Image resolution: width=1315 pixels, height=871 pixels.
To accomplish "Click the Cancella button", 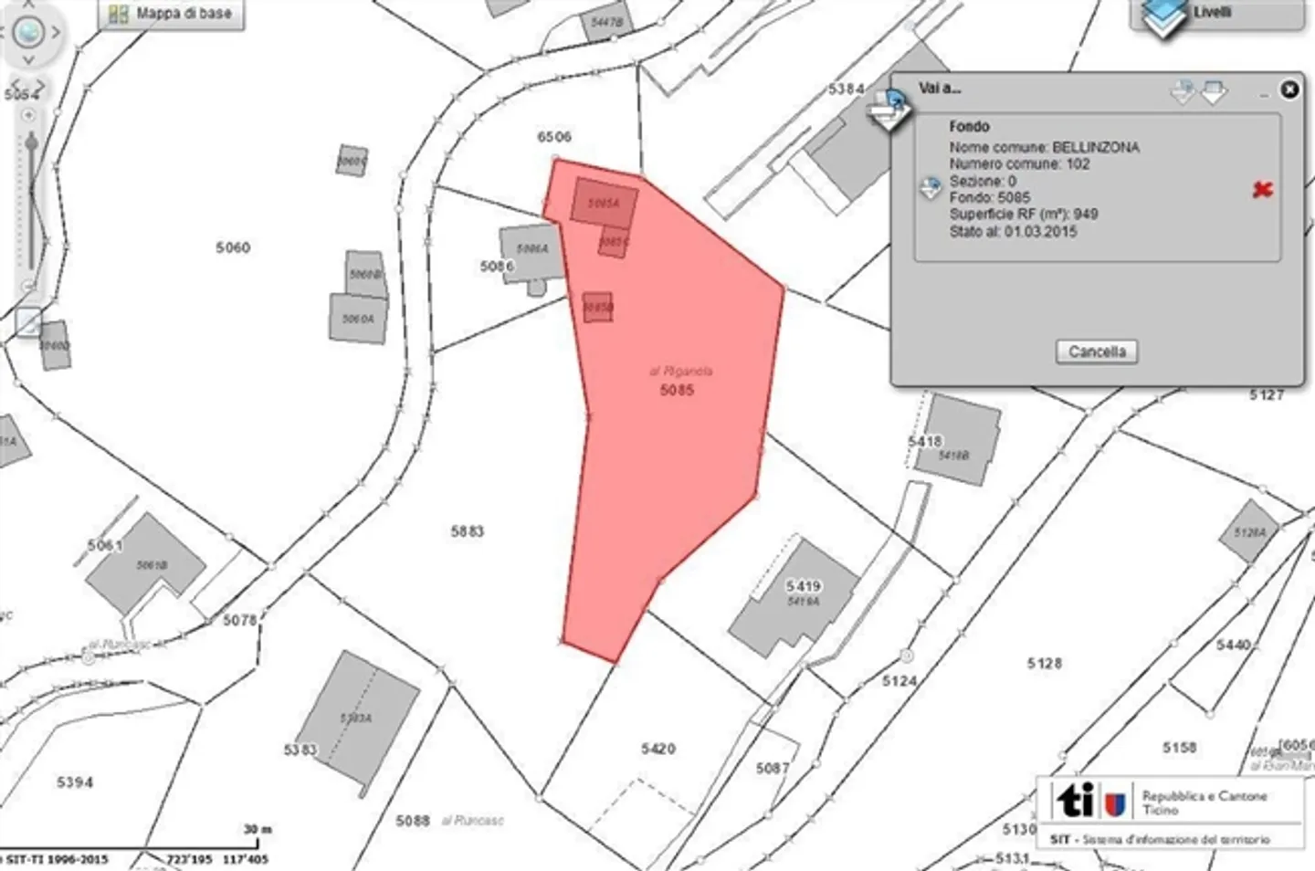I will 1096,352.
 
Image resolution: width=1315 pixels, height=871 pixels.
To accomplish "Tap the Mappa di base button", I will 173,14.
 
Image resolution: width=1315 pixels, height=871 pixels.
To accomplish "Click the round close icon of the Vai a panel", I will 1289,89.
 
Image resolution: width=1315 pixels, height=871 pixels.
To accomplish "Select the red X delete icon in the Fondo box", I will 1262,190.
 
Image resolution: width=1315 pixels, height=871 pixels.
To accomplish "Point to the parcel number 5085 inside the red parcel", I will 677,390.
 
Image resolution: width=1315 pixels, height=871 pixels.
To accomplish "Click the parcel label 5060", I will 233,247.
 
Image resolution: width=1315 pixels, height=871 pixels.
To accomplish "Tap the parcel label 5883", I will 467,530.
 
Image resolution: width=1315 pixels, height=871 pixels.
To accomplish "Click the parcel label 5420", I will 657,749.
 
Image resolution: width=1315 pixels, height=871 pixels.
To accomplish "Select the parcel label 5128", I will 1044,663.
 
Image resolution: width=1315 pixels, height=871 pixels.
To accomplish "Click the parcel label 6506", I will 554,137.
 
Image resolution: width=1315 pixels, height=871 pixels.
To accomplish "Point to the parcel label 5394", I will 75,782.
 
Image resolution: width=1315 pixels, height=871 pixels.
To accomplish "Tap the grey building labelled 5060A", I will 358,319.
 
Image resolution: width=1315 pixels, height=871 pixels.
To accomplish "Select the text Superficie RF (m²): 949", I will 1023,215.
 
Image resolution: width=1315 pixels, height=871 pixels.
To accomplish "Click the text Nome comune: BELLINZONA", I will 1044,147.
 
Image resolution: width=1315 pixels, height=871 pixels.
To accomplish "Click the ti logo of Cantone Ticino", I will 1077,801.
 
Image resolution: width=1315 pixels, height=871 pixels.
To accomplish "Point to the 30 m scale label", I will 257,829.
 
